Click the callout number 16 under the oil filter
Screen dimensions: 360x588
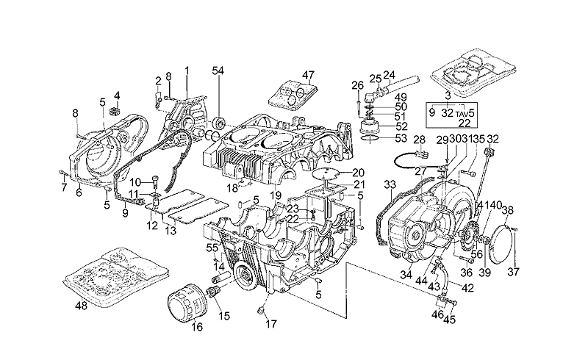click(x=197, y=328)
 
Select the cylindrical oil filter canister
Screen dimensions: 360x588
click(x=183, y=303)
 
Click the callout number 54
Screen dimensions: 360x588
click(x=218, y=70)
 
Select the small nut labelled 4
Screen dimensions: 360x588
click(x=115, y=111)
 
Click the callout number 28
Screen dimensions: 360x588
click(x=420, y=140)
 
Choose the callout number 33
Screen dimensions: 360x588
click(x=389, y=184)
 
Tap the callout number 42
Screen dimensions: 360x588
click(x=467, y=288)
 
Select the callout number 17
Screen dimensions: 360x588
click(x=271, y=324)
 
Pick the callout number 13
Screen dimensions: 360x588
click(x=170, y=231)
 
